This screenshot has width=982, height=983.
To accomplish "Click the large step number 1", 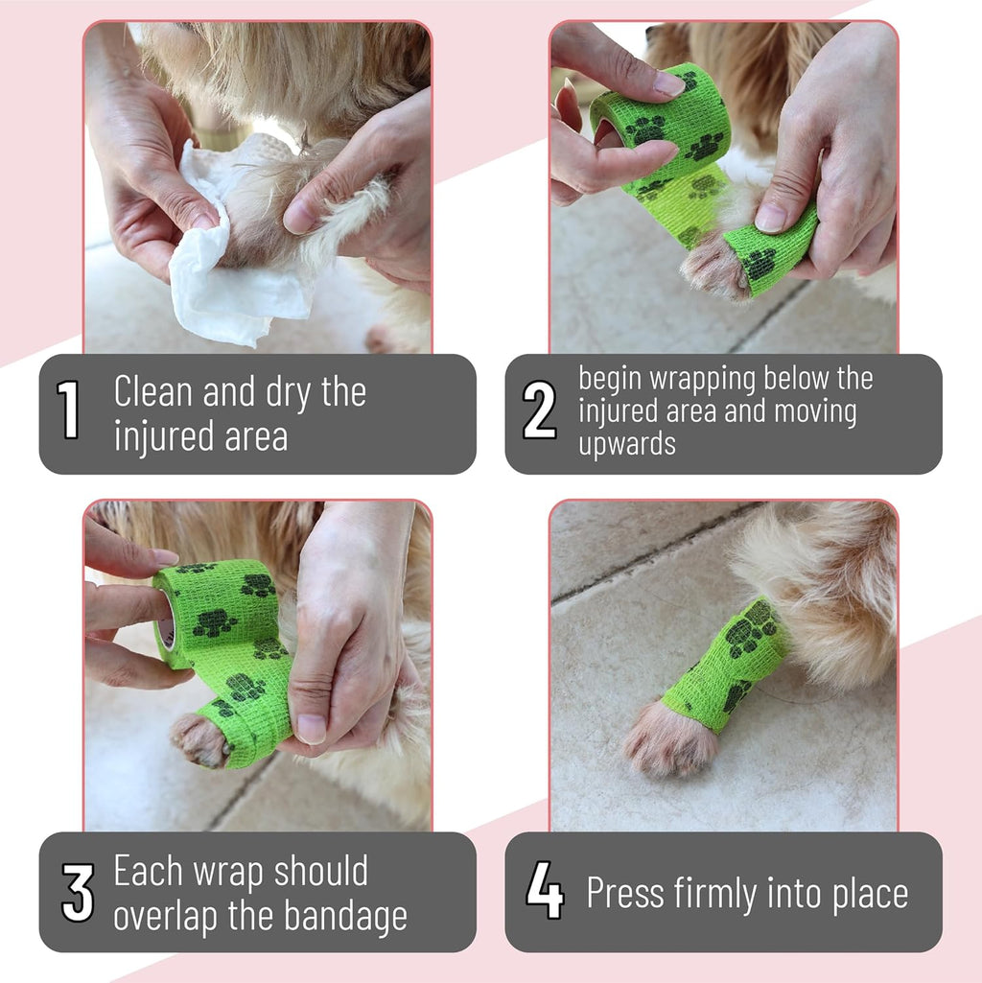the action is [68, 410].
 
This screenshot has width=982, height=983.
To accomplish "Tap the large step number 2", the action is [539, 410].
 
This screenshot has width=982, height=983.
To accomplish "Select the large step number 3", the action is [78, 892].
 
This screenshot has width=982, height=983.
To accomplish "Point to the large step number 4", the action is [545, 890].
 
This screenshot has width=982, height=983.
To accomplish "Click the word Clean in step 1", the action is [153, 392].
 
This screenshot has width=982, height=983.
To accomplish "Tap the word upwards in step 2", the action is [627, 445].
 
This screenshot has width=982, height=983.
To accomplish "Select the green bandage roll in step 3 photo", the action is [217, 611].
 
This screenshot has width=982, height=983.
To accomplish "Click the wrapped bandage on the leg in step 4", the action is [728, 665].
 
